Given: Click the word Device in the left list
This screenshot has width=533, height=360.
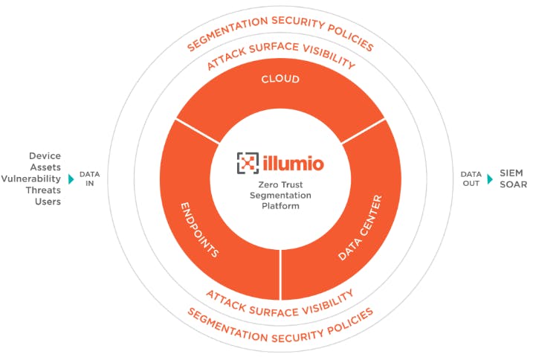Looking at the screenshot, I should [45, 156].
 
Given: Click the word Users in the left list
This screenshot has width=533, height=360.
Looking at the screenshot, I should [47, 201].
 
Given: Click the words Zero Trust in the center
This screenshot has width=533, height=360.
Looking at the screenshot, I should [280, 184].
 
